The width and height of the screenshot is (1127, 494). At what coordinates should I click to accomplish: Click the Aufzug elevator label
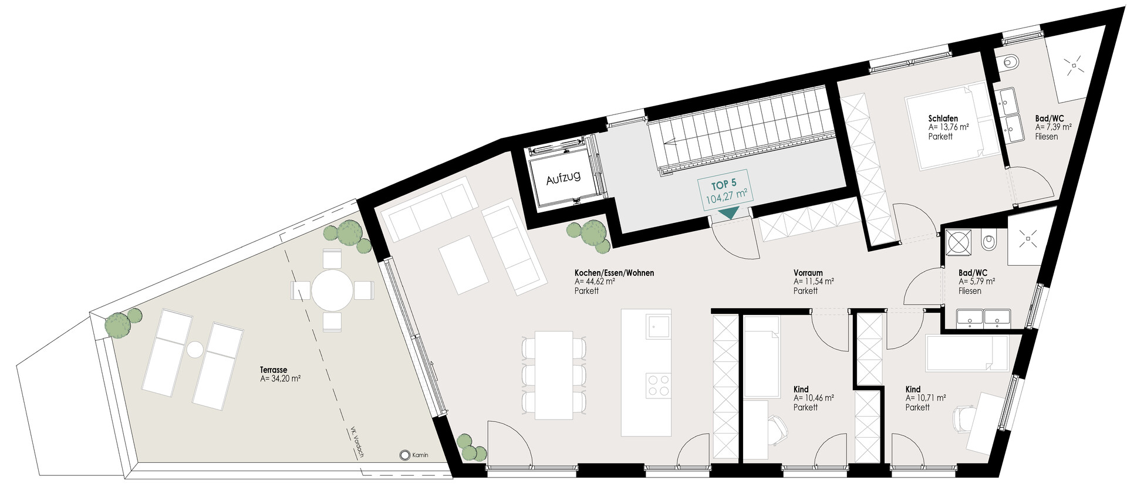563,177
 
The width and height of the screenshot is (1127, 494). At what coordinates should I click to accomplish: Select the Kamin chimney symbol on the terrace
404,455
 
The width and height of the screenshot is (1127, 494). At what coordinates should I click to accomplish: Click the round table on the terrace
332,290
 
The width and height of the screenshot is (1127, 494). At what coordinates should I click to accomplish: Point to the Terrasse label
274,370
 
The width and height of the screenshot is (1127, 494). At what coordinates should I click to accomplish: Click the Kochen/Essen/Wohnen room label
614,273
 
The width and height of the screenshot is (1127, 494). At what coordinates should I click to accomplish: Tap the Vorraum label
808,273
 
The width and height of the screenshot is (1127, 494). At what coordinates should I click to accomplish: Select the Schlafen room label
943,119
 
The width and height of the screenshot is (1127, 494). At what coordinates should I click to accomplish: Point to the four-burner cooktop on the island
658,385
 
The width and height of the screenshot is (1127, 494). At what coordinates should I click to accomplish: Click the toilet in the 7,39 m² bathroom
1010,61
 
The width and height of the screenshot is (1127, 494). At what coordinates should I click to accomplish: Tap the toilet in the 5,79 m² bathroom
990,241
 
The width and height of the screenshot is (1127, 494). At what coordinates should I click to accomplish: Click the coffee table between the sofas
464,265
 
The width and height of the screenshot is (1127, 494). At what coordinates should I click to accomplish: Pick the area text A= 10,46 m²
814,398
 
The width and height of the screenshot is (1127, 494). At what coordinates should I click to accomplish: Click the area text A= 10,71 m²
926,398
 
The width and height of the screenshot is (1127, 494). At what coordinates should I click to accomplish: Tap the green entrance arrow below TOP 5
728,214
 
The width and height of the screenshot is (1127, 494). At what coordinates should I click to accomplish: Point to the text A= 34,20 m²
280,379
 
